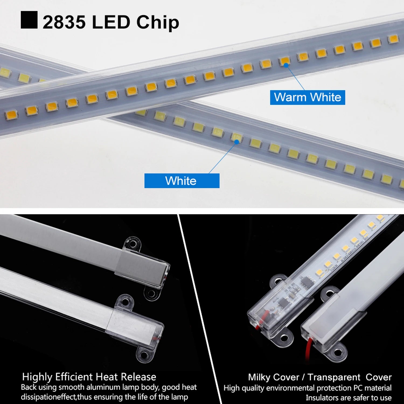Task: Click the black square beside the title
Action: point(29,20)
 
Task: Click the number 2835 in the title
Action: point(64,22)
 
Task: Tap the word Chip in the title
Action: point(158,23)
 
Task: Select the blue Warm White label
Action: point(307,97)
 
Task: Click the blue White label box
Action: point(182,181)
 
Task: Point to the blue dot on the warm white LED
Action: point(286,65)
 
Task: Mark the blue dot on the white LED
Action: point(236,142)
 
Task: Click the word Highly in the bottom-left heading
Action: point(37,377)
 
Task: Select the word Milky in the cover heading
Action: point(260,377)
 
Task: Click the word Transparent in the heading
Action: point(334,377)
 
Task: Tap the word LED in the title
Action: point(111,22)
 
